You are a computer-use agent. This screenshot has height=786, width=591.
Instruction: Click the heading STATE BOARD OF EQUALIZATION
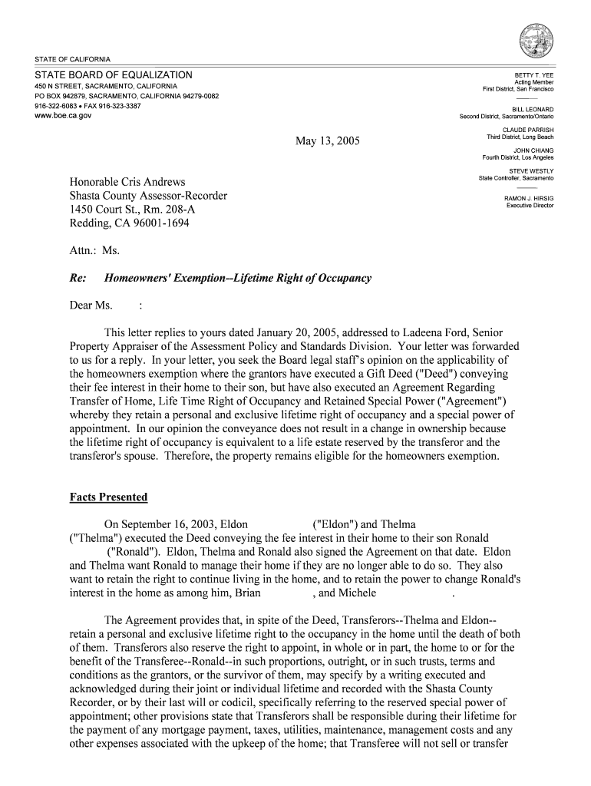click(x=113, y=75)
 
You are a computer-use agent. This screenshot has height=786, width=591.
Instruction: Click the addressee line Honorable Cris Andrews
click(x=127, y=182)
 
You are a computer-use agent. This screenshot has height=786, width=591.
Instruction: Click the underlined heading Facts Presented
click(x=108, y=497)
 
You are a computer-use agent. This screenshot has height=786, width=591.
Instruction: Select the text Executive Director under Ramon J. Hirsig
click(x=530, y=206)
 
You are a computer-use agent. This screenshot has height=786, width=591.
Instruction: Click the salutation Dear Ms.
click(x=91, y=305)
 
